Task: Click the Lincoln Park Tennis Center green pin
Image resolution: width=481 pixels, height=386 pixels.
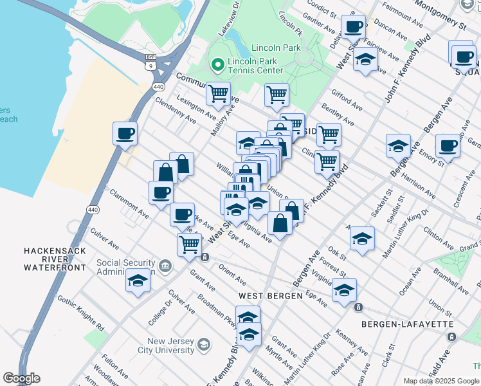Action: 218,65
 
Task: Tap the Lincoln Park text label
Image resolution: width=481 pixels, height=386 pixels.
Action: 276,48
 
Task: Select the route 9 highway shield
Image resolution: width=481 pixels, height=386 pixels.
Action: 150,65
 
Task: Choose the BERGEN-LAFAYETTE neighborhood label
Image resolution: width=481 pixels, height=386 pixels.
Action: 408,324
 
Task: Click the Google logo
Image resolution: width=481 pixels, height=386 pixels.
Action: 21,378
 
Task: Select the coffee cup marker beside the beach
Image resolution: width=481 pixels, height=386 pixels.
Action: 125,134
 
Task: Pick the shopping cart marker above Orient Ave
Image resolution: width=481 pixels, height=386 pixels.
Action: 189,244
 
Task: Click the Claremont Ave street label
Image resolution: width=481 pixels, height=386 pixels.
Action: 130,199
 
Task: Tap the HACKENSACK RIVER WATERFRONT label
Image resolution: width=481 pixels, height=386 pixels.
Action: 55,259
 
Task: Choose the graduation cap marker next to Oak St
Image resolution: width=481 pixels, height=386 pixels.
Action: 363,239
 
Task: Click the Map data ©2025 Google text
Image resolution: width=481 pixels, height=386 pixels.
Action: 440,381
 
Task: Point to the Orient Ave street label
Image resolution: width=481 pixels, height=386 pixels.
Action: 232,274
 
